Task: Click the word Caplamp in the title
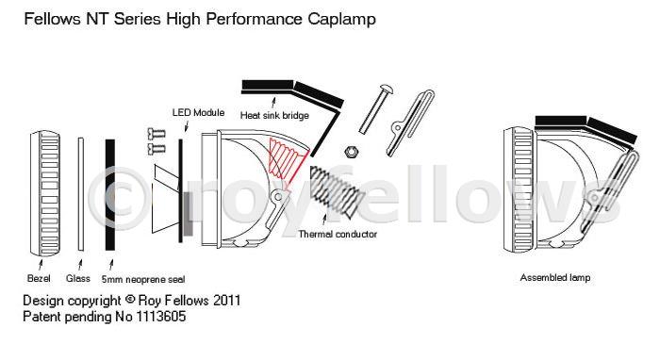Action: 341,20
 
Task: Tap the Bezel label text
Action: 39,278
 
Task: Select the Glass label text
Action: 78,278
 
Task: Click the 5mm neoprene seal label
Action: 143,279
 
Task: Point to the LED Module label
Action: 198,113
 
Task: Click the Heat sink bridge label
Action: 274,115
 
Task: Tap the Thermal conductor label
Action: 338,235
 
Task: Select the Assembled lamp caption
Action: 555,278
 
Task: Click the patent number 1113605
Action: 160,317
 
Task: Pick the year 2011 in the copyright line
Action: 227,301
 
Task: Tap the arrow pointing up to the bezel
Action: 41,265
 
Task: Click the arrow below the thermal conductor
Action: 324,221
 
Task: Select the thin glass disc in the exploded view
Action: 81,194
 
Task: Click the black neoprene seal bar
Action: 110,195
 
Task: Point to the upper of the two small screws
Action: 157,134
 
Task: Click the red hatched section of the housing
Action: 287,160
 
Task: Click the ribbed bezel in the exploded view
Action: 45,193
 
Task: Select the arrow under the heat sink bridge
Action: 273,103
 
